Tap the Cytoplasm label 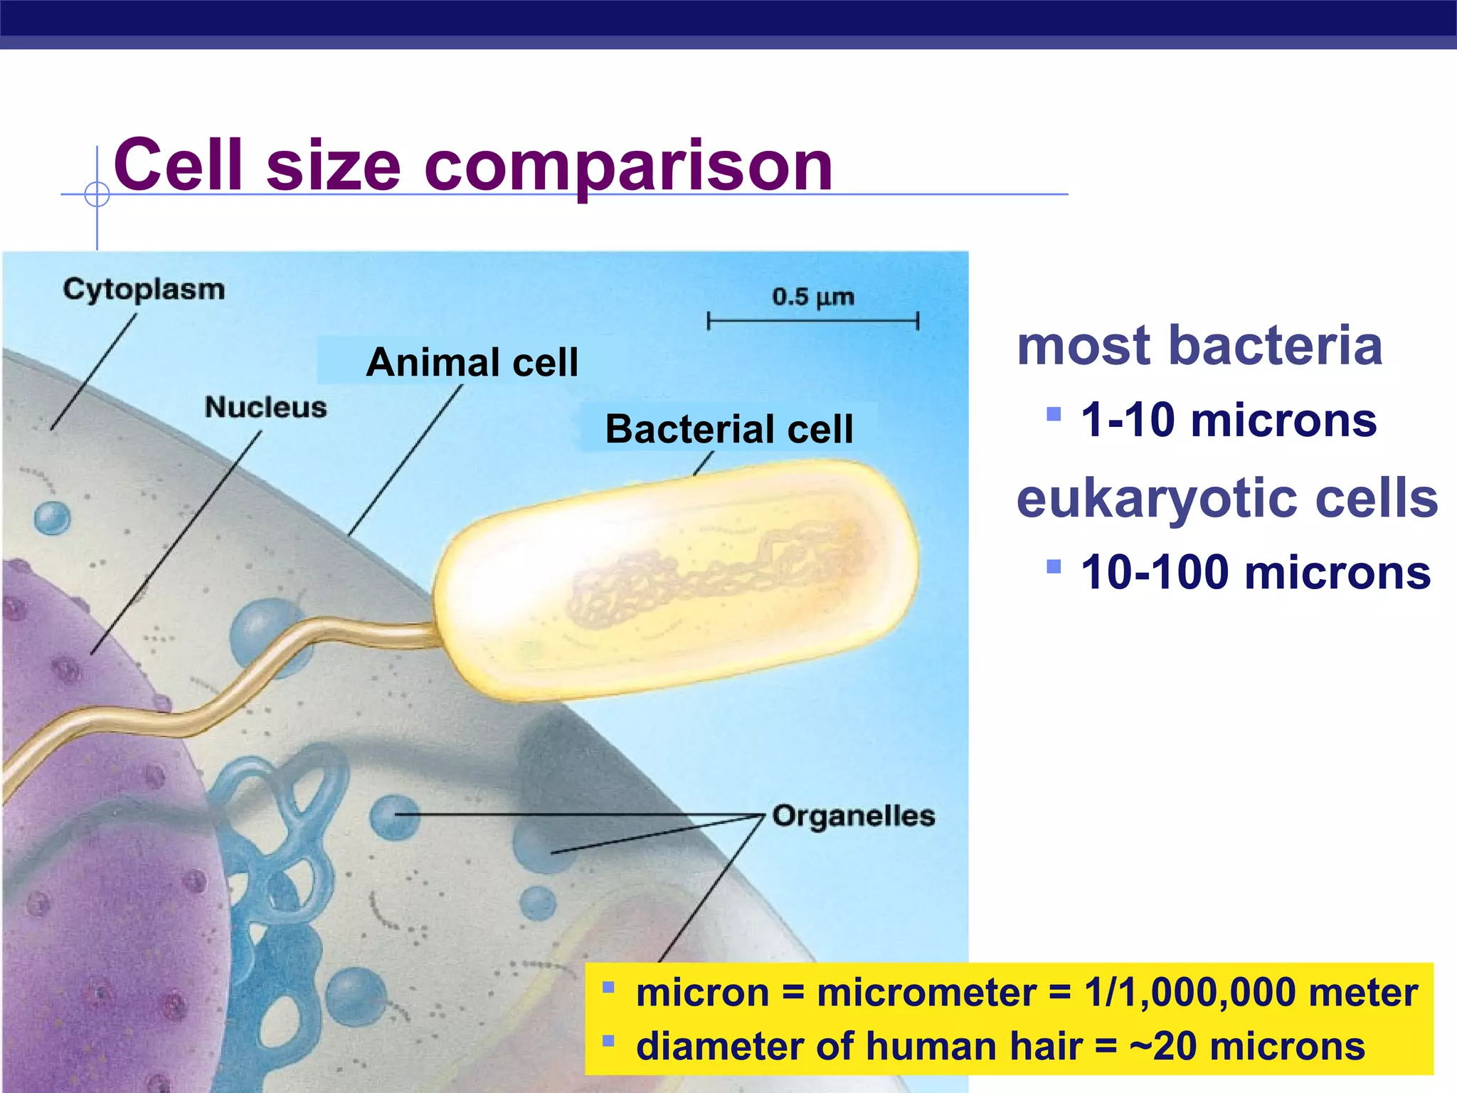pyautogui.click(x=144, y=289)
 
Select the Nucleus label pyautogui.click(x=265, y=407)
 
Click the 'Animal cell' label pyautogui.click(x=472, y=362)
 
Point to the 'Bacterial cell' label pyautogui.click(x=728, y=429)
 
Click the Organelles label pyautogui.click(x=853, y=815)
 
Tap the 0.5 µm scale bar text pyautogui.click(x=812, y=296)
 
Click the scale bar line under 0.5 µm pyautogui.click(x=812, y=321)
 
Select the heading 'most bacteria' pyautogui.click(x=1199, y=346)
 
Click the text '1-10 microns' pyautogui.click(x=1229, y=420)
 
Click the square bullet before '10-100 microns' pyautogui.click(x=1054, y=566)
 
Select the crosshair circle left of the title pyautogui.click(x=97, y=194)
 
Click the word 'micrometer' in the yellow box pyautogui.click(x=926, y=993)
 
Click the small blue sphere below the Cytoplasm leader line pyautogui.click(x=53, y=517)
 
